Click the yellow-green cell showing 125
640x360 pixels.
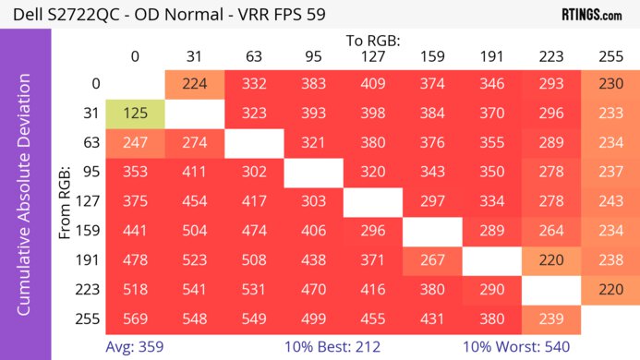click(135, 114)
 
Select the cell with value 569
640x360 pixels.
click(135, 318)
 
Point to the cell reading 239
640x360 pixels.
click(550, 318)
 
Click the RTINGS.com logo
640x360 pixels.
click(591, 15)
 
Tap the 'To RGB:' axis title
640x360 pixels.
click(372, 41)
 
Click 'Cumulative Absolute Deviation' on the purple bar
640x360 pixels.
click(25, 201)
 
